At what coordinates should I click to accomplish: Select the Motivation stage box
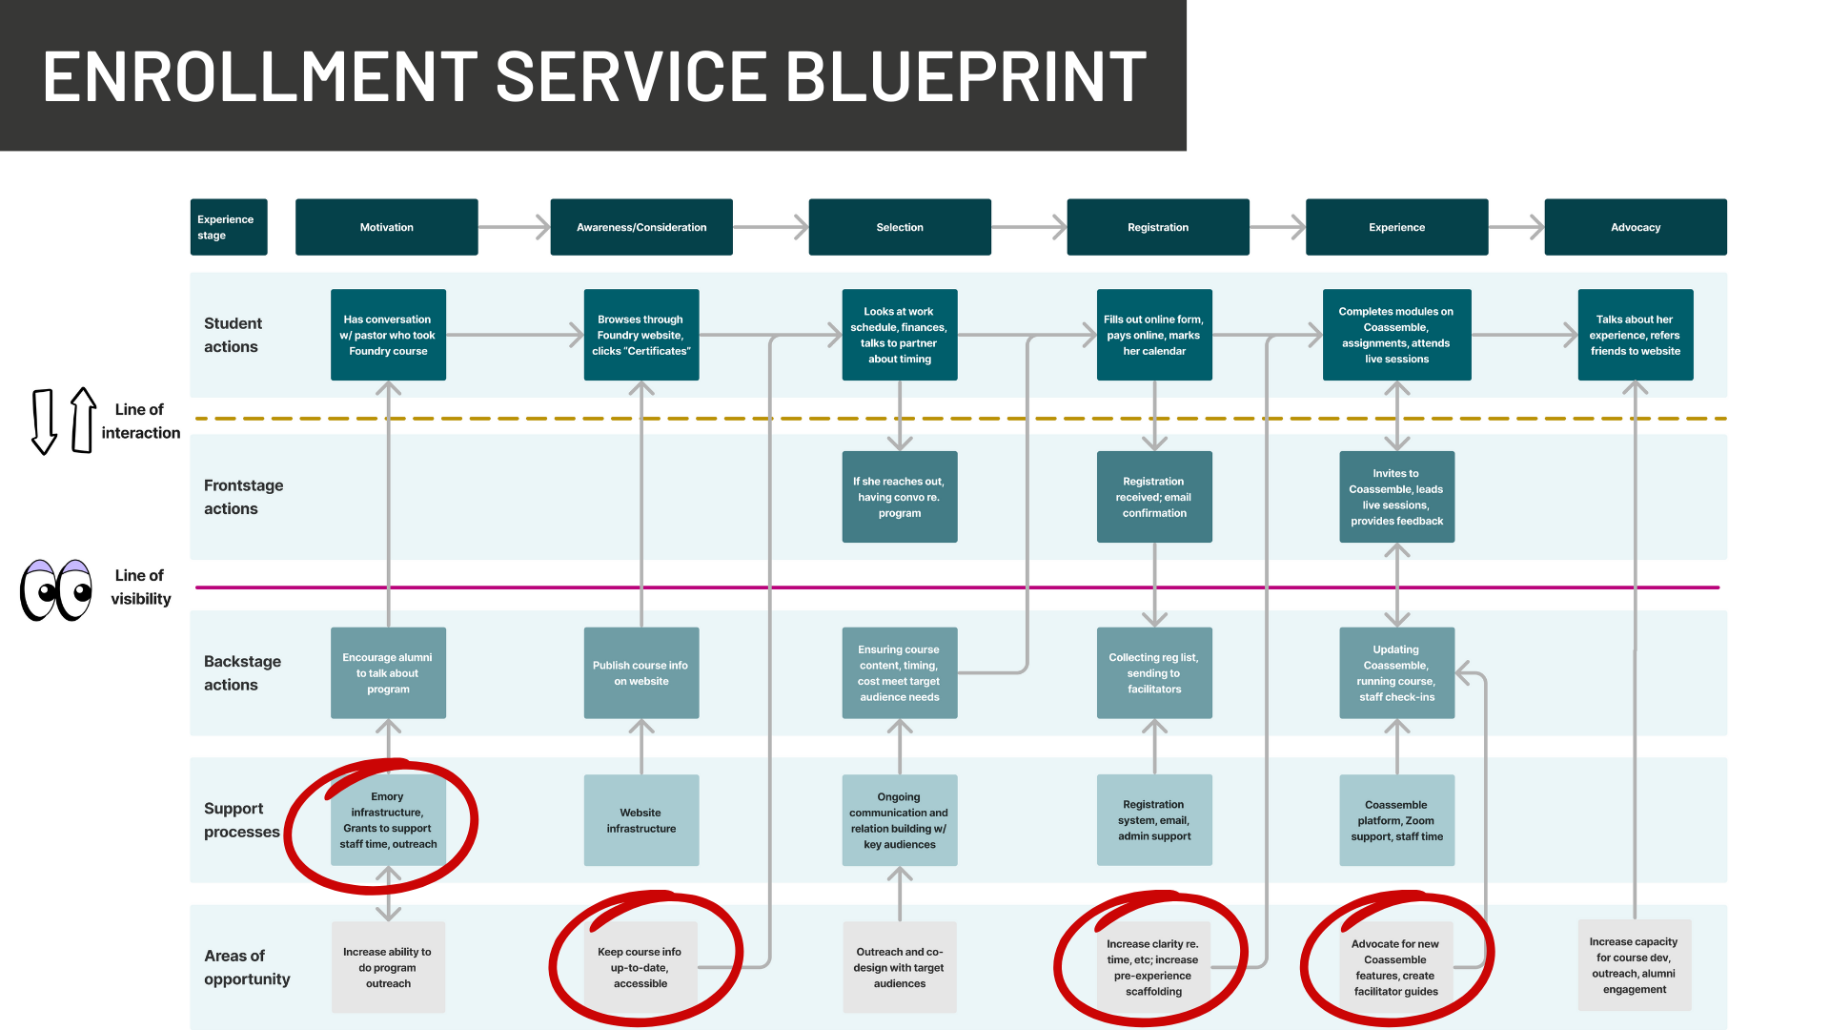point(386,227)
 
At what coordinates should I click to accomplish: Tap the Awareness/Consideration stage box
point(641,227)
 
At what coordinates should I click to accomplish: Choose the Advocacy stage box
point(1635,227)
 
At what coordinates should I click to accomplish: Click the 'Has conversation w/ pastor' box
point(388,335)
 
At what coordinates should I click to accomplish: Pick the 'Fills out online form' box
point(1154,335)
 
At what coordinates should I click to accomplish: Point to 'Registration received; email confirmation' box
point(1154,497)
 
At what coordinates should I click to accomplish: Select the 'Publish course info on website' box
point(641,672)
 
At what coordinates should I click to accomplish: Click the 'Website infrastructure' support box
point(641,820)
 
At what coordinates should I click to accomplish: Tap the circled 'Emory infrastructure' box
point(388,820)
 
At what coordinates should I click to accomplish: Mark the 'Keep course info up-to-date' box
point(640,967)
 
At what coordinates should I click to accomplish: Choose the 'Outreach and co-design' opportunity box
point(900,967)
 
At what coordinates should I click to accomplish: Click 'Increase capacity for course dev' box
point(1635,965)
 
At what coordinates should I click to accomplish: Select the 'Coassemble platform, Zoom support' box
point(1396,820)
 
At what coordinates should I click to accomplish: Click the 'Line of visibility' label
point(140,587)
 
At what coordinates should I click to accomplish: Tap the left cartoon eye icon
point(40,590)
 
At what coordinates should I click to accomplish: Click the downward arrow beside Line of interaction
point(44,422)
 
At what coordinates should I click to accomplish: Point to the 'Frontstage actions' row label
point(243,497)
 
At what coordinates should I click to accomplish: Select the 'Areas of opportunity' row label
point(246,967)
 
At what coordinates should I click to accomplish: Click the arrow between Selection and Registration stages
point(1028,227)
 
